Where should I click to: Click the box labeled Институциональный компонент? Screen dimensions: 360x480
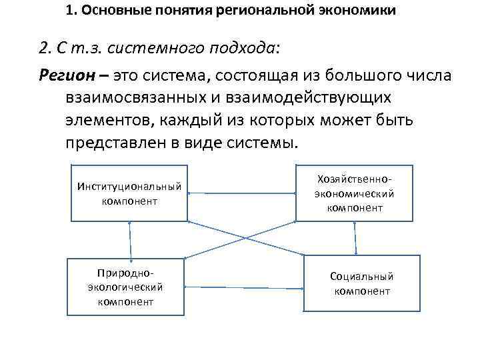tap(129, 193)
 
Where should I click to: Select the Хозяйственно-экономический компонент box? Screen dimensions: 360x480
tap(355, 193)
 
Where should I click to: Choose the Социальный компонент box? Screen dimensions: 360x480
tap(362, 283)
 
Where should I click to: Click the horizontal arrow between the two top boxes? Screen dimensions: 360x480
tap(242, 193)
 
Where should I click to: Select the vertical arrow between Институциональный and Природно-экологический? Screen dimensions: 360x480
tap(130, 240)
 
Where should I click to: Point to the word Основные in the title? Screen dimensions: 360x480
tap(109, 11)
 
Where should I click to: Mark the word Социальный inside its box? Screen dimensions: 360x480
tap(362, 276)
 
